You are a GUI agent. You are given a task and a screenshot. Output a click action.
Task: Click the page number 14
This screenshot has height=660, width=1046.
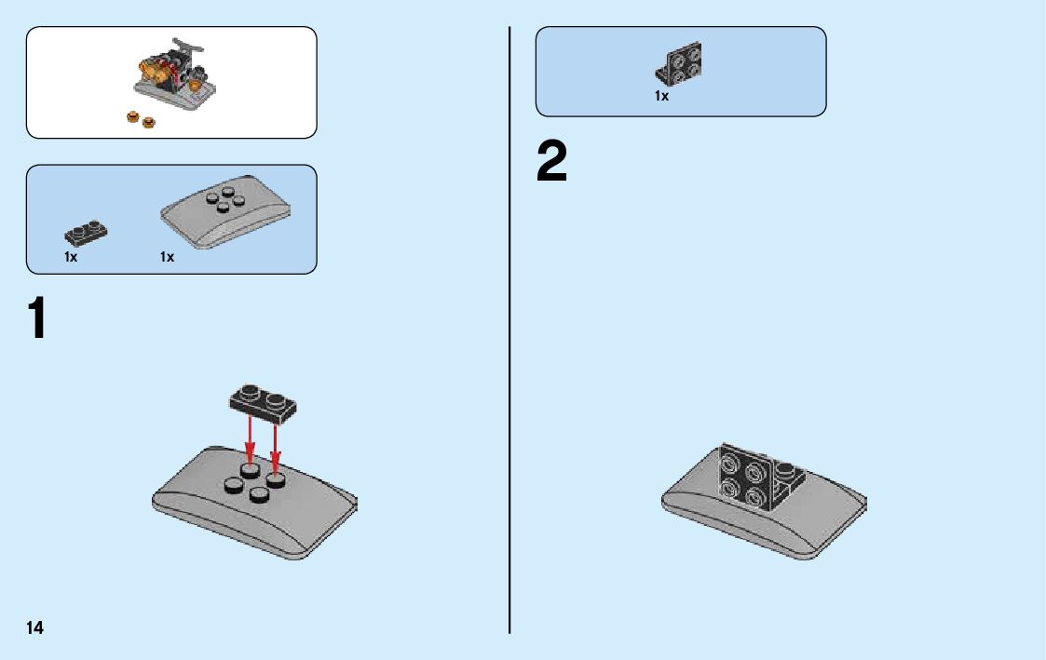pos(34,627)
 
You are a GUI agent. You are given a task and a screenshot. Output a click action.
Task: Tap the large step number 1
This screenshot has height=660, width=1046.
pos(36,318)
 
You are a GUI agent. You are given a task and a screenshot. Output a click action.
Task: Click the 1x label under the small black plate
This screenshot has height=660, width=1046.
pos(71,257)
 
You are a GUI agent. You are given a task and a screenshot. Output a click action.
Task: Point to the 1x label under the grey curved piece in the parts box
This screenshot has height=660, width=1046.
pos(167,257)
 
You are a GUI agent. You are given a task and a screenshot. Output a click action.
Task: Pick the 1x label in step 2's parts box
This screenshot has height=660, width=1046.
pos(661,96)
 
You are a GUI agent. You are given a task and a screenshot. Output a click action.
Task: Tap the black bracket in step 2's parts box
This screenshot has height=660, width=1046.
pos(680,63)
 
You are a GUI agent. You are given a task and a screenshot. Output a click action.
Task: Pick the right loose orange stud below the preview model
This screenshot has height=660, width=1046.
pos(147,121)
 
